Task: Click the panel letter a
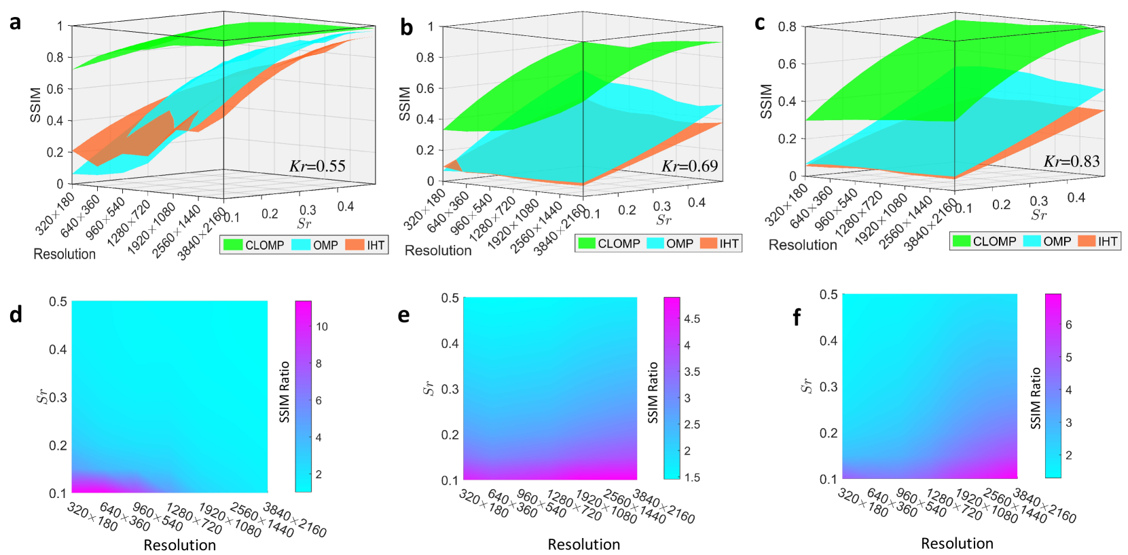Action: tap(15, 22)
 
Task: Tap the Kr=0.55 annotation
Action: tap(317, 166)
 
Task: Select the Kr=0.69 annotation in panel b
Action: tap(689, 166)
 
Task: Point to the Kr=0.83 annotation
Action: tap(1072, 161)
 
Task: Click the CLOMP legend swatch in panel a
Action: tap(233, 245)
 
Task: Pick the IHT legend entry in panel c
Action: tap(1097, 241)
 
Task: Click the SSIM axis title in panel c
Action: tap(766, 102)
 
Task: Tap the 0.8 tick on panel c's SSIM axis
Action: tap(787, 26)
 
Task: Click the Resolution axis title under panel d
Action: tap(179, 545)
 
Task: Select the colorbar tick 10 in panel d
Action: tap(322, 326)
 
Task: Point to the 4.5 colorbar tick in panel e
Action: tap(692, 319)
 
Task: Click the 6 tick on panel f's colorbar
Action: tap(1068, 325)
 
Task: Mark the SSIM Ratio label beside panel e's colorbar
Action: tap(653, 392)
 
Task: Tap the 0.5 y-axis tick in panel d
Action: tap(58, 301)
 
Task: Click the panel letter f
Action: tap(797, 317)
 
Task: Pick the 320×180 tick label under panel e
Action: tap(484, 503)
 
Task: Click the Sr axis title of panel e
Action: tap(428, 388)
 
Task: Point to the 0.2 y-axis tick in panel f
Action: tap(828, 433)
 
